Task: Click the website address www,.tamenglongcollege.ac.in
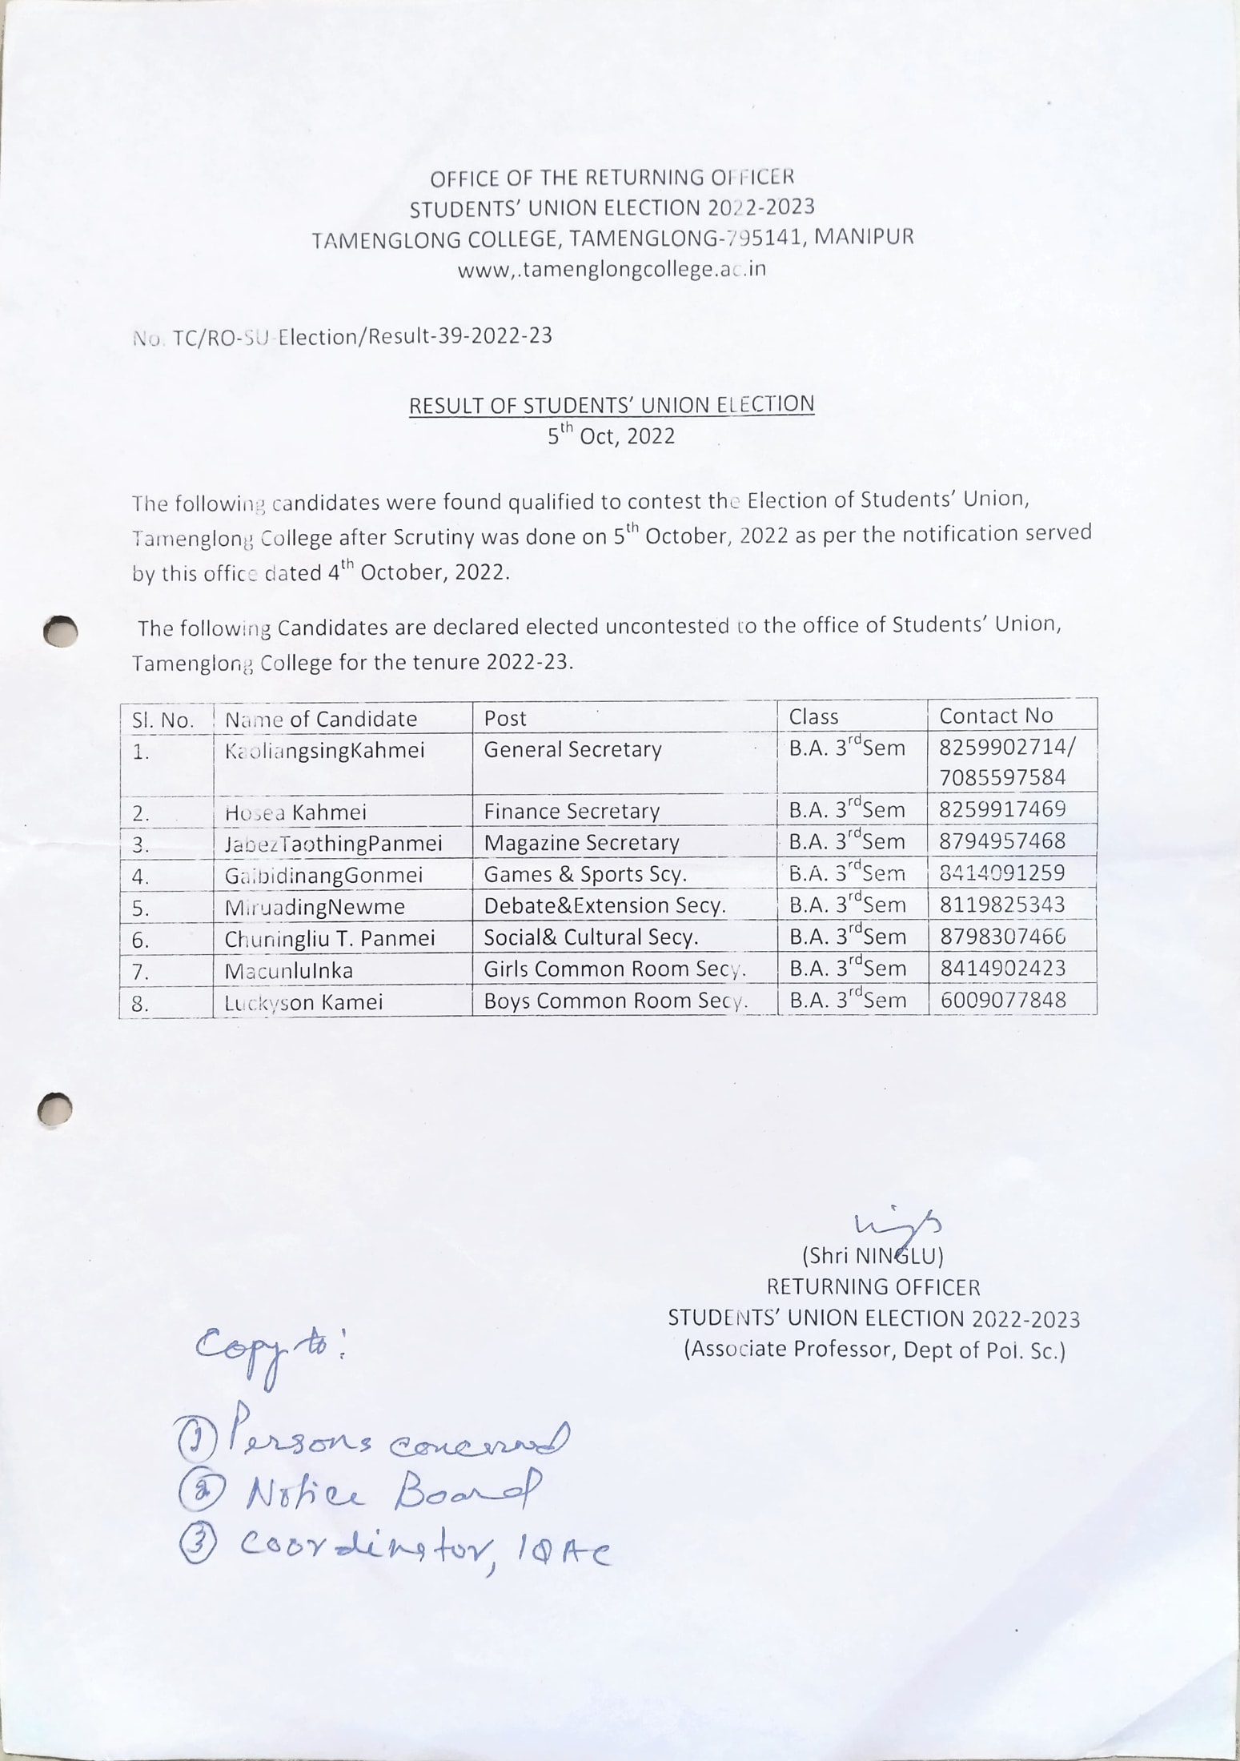tap(612, 270)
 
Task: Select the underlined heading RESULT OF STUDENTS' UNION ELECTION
tap(612, 405)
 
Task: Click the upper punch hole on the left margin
tap(61, 631)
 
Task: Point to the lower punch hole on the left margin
tap(55, 1110)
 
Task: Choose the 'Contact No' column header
tap(996, 716)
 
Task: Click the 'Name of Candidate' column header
tap(321, 719)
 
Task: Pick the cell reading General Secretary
tap(572, 750)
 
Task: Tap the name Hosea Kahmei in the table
tap(295, 813)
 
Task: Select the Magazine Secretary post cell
tap(581, 843)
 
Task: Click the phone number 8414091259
tap(1002, 872)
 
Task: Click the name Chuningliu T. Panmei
tap(330, 938)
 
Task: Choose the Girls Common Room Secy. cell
tap(614, 969)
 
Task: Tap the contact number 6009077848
tap(1002, 1001)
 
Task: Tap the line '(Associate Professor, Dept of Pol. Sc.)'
tap(874, 1350)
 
